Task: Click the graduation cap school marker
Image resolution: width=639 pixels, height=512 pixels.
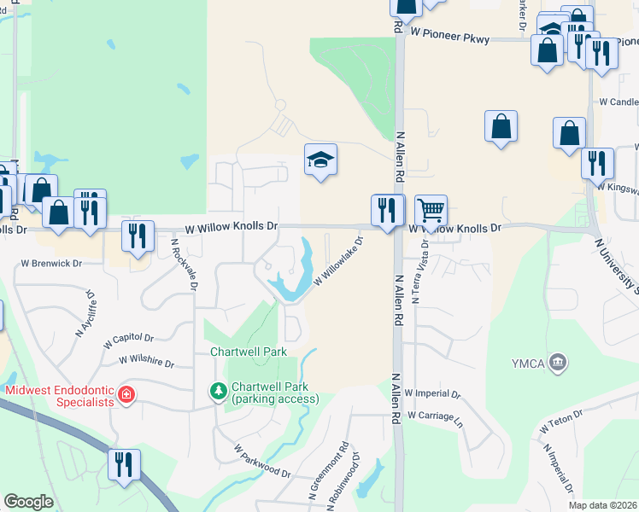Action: tap(321, 160)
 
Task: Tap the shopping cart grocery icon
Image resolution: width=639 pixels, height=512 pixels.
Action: tap(431, 210)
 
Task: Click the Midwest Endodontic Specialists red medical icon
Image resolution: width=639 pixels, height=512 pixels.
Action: tap(126, 394)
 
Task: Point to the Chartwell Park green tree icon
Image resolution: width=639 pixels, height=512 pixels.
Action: tap(219, 392)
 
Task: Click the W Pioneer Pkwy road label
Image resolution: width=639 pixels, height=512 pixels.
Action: tap(453, 32)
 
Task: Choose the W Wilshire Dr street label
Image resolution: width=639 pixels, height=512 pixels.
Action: tap(146, 362)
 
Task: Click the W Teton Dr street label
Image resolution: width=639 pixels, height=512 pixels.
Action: tap(560, 420)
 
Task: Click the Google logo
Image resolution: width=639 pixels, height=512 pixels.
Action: tap(28, 502)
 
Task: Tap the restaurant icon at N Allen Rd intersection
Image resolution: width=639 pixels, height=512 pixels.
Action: tap(386, 210)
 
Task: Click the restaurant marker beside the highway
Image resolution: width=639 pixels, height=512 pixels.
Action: tap(124, 465)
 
